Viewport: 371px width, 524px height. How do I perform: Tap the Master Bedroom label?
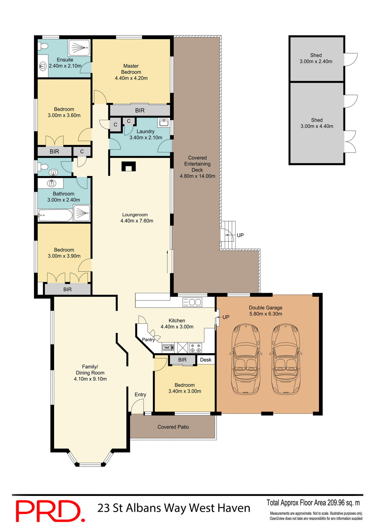pyautogui.click(x=131, y=72)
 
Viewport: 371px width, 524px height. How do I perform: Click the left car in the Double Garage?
pyautogui.click(x=246, y=359)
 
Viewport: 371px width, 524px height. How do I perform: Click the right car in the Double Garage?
pyautogui.click(x=286, y=359)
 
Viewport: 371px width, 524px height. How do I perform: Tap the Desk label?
pyautogui.click(x=206, y=360)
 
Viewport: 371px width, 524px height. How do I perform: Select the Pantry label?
pyautogui.click(x=148, y=340)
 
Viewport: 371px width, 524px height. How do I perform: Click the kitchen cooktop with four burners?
pyautogui.click(x=195, y=348)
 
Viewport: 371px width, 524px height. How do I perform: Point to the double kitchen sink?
pyautogui.click(x=192, y=302)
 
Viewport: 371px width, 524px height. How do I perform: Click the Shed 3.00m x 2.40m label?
pyautogui.click(x=316, y=58)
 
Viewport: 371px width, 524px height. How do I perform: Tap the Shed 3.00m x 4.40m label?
pyautogui.click(x=317, y=123)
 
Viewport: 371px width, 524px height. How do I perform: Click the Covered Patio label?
pyautogui.click(x=173, y=427)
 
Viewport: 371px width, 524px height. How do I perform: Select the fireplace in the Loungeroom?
pyautogui.click(x=128, y=166)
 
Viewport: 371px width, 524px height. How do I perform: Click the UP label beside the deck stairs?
pyautogui.click(x=240, y=235)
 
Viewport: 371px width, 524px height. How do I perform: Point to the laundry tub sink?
pyautogui.click(x=164, y=123)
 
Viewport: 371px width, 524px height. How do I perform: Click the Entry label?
pyautogui.click(x=140, y=395)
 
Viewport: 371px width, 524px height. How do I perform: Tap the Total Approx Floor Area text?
pyautogui.click(x=313, y=503)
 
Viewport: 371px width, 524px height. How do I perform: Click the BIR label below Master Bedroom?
pyautogui.click(x=140, y=111)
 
